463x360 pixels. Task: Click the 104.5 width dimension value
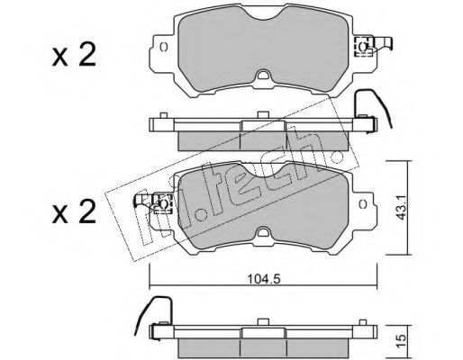(264, 279)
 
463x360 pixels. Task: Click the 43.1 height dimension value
(401, 208)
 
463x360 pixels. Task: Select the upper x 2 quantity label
(74, 54)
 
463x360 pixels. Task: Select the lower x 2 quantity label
(74, 211)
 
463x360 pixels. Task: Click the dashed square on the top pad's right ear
(364, 46)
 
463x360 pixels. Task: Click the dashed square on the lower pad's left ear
(163, 203)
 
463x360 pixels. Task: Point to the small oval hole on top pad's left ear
(164, 47)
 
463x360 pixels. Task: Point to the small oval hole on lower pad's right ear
(363, 204)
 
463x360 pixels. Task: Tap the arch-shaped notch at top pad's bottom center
(263, 75)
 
